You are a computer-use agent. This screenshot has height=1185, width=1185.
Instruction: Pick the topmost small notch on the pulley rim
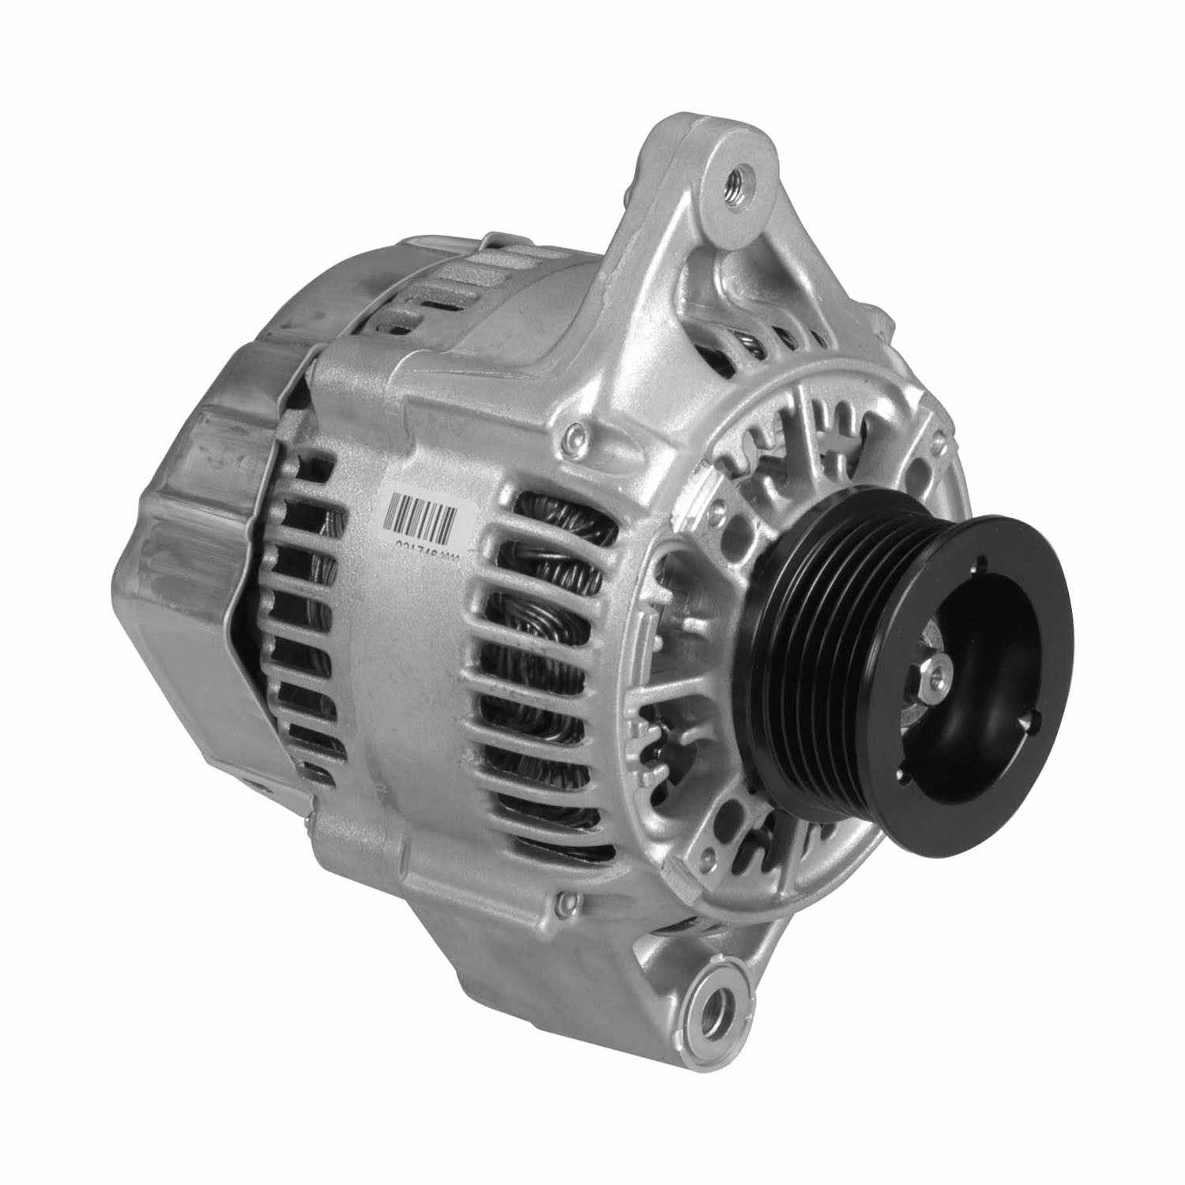coord(980,563)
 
